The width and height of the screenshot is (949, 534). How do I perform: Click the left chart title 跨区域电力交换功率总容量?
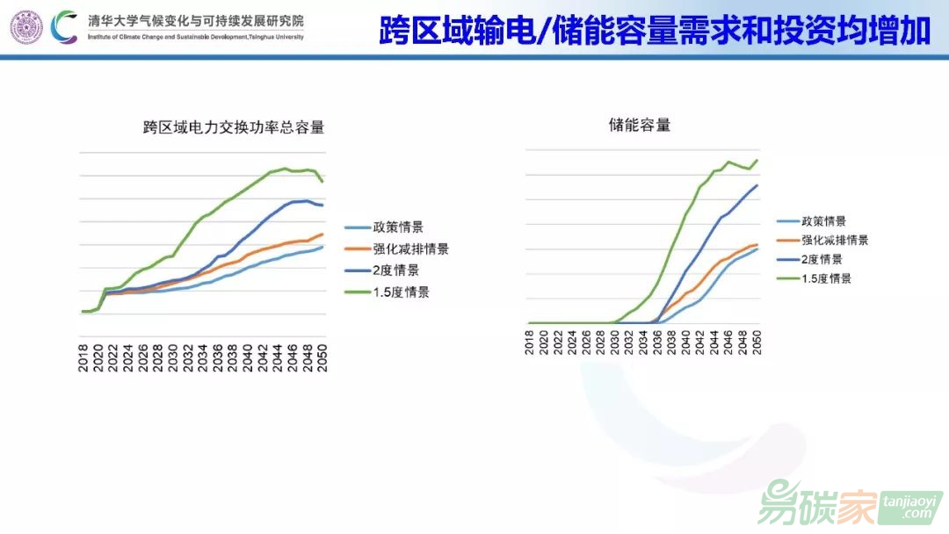[x=234, y=127]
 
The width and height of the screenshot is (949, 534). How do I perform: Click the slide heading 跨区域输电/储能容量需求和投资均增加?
[x=655, y=30]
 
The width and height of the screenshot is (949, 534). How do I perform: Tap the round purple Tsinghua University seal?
[x=26, y=27]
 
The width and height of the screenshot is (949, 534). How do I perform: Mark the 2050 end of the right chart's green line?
[x=757, y=160]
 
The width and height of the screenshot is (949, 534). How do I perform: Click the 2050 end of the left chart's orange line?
[x=323, y=234]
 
